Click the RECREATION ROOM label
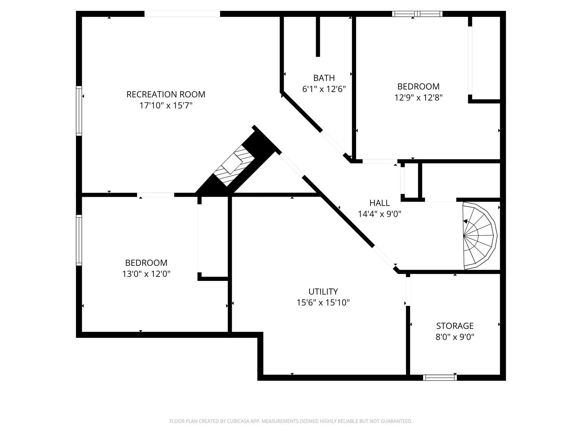tap(166, 94)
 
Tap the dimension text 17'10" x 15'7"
tap(166, 106)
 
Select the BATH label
tap(324, 78)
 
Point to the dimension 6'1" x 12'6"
tap(324, 89)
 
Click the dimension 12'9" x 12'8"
tap(418, 98)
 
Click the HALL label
tap(379, 203)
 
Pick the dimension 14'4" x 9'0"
tap(379, 214)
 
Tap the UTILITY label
tap(323, 292)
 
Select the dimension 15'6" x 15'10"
tap(323, 303)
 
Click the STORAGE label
tap(455, 326)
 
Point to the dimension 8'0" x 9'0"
tap(455, 337)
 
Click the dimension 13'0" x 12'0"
tap(146, 274)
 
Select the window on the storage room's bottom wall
tap(440, 378)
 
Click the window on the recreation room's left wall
tap(79, 111)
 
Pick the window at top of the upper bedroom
tap(417, 14)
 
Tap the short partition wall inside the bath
tap(318, 36)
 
